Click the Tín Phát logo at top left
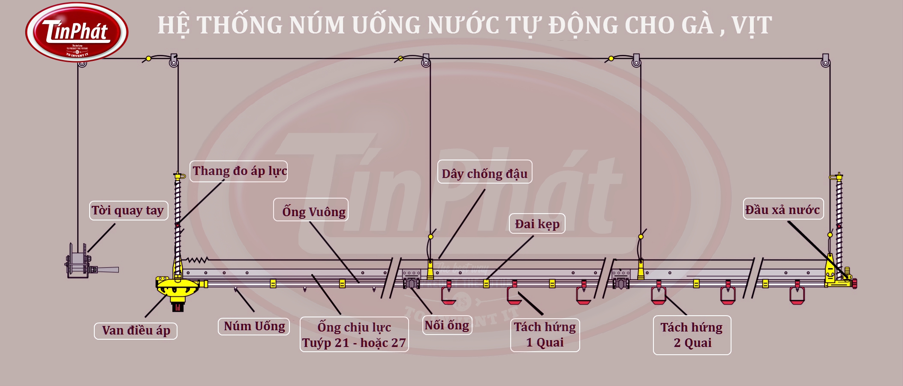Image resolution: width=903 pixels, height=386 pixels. click(77, 33)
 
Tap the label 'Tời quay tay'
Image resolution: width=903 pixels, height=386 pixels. click(128, 211)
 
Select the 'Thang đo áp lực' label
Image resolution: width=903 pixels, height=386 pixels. click(239, 171)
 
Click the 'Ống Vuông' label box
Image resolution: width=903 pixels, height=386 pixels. click(311, 210)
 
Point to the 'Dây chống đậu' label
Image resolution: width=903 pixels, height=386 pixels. click(485, 172)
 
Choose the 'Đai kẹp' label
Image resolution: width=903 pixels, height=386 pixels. click(537, 224)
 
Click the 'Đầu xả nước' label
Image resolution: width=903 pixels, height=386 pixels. click(783, 209)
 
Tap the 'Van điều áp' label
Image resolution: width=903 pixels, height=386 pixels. click(135, 331)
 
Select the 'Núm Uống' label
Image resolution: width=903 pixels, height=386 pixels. click(254, 326)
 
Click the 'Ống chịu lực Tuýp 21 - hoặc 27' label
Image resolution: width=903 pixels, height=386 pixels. click(354, 335)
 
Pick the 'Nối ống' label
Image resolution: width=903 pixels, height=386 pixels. click(447, 325)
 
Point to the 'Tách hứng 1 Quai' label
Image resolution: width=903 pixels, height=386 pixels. click(545, 335)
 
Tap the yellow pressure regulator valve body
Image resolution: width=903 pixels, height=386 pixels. click(177, 287)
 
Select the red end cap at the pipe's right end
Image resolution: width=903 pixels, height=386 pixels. click(854, 283)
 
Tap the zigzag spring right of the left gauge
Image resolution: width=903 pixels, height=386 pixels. click(196, 260)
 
